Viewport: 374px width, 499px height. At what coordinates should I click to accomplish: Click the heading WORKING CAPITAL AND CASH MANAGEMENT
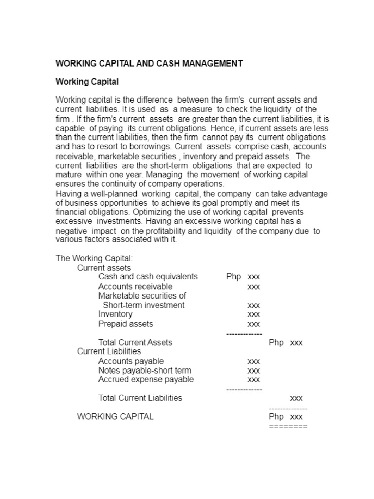click(x=149, y=63)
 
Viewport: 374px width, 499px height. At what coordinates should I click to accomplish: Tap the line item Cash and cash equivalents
click(x=148, y=276)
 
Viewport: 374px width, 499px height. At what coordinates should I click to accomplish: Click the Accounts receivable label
click(x=135, y=286)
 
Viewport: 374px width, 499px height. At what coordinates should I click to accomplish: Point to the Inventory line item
click(x=115, y=314)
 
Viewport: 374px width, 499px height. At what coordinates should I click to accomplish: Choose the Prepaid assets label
click(x=125, y=324)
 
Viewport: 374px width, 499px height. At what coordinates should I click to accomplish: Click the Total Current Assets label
click(x=135, y=342)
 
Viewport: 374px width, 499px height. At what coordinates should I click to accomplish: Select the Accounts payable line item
click(x=131, y=361)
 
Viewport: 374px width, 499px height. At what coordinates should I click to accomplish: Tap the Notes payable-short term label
click(x=145, y=370)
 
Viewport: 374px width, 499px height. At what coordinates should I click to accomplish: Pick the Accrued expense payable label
click(x=146, y=379)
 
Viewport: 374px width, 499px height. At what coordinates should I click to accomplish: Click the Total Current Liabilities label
click(x=140, y=398)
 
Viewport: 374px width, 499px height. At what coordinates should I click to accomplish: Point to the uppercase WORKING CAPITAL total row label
click(x=115, y=417)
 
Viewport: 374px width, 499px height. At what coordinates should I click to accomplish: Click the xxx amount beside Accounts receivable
click(x=253, y=287)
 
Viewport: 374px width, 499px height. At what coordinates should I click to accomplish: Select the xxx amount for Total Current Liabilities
click(x=296, y=398)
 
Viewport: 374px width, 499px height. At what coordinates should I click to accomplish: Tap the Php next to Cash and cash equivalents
click(x=233, y=277)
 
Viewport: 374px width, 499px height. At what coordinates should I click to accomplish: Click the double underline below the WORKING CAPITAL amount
click(x=288, y=426)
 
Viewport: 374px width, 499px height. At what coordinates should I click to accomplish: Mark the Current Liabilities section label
click(x=109, y=351)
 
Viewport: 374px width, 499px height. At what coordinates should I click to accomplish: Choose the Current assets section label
click(x=104, y=268)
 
